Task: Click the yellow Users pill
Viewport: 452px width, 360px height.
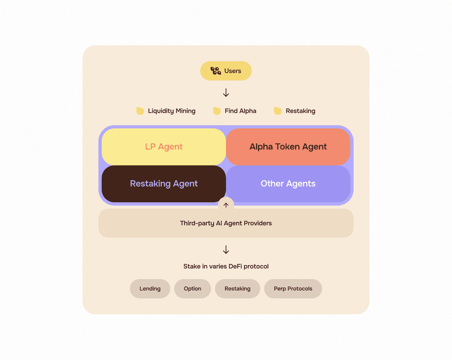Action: (226, 71)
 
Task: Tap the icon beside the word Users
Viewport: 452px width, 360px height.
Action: (215, 71)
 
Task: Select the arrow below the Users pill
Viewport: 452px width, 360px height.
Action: (226, 93)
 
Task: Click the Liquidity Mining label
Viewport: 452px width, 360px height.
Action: (172, 111)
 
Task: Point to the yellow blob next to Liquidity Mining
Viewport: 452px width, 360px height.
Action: (140, 111)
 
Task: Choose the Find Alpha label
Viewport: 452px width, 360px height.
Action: (241, 111)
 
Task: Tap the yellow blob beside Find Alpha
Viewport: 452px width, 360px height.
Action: (217, 111)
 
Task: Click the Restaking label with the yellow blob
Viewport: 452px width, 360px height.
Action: (301, 111)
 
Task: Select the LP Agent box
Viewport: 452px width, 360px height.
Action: (164, 147)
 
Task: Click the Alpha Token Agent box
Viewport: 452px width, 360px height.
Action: (288, 147)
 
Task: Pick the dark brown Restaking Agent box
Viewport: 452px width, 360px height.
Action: (164, 184)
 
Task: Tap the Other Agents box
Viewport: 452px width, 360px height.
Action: (288, 184)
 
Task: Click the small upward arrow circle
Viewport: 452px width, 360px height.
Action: (226, 205)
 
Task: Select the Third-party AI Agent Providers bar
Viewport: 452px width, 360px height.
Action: (226, 223)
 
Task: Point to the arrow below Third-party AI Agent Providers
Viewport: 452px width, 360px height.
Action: (226, 250)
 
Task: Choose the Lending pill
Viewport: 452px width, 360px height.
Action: (150, 289)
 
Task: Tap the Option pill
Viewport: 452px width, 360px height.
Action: (192, 289)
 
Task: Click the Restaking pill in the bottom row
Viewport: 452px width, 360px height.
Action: (237, 289)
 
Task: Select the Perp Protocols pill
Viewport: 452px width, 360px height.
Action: (293, 289)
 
